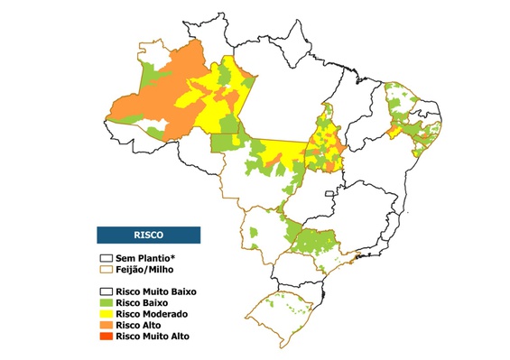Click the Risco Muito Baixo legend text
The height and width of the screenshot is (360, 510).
pyautogui.click(x=155, y=291)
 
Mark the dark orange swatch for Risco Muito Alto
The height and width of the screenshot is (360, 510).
pyautogui.click(x=105, y=336)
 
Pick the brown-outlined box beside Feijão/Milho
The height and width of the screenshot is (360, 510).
pyautogui.click(x=105, y=269)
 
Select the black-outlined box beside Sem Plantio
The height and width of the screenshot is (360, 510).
pyautogui.click(x=105, y=258)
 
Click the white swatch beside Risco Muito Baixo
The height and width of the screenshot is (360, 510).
pyautogui.click(x=105, y=291)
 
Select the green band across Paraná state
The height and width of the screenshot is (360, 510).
pyautogui.click(x=316, y=241)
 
